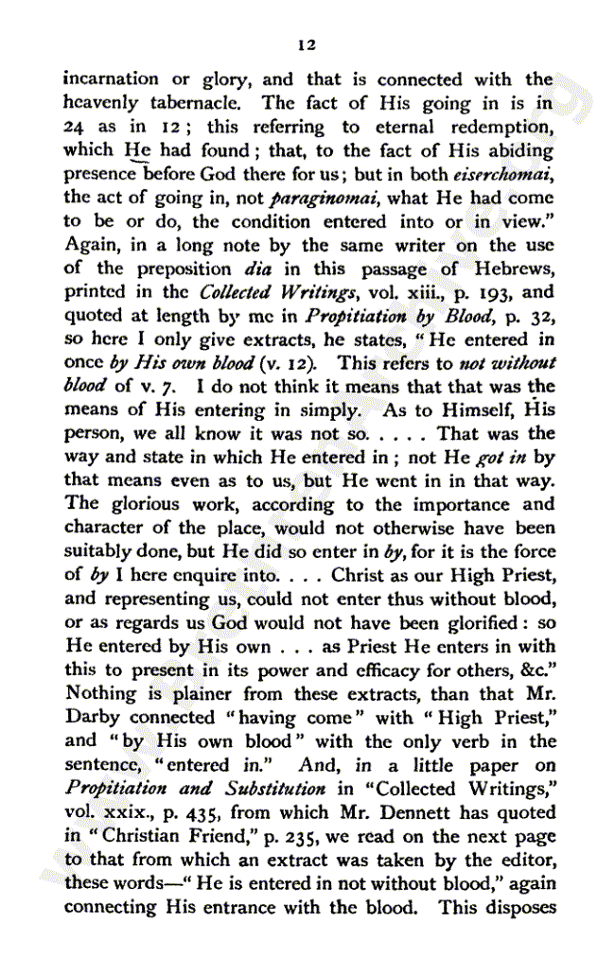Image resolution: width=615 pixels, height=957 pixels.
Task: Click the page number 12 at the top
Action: point(306,44)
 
